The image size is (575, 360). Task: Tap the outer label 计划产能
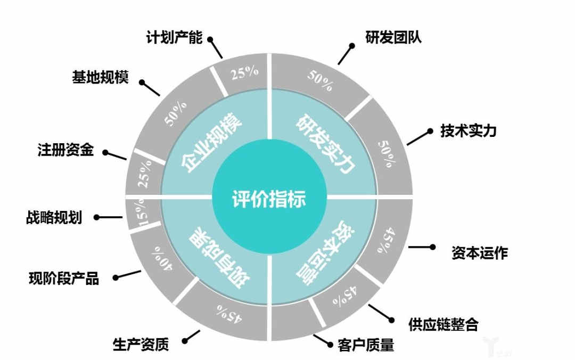[174, 38]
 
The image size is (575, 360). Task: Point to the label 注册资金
[65, 150]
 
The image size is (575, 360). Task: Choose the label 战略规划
[54, 217]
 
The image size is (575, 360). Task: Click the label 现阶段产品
[64, 278]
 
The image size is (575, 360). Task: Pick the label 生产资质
[141, 345]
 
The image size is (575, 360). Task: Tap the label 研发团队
[393, 38]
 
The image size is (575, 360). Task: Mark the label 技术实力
[468, 130]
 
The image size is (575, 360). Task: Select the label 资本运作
[479, 252]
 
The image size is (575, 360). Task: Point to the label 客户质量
[366, 345]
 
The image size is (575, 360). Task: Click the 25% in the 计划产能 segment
[244, 73]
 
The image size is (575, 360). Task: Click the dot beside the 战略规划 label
[97, 217]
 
